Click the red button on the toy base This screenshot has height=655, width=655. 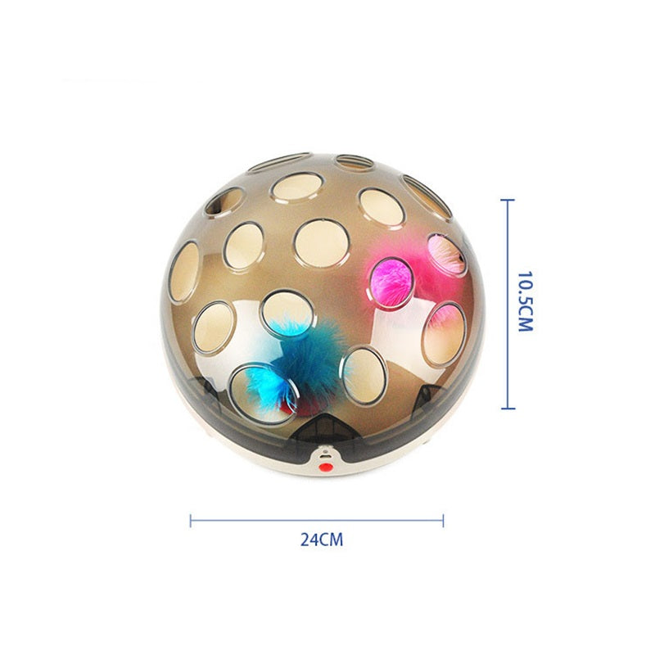325,467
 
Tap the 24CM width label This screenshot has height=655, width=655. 322,540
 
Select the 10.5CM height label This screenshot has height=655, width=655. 525,301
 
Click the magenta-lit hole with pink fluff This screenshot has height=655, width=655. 391,283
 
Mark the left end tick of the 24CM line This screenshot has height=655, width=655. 191,521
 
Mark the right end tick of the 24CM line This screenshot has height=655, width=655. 443,521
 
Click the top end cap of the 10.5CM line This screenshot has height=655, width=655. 508,201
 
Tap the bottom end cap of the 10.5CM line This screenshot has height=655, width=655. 508,408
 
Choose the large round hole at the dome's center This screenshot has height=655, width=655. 322,243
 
